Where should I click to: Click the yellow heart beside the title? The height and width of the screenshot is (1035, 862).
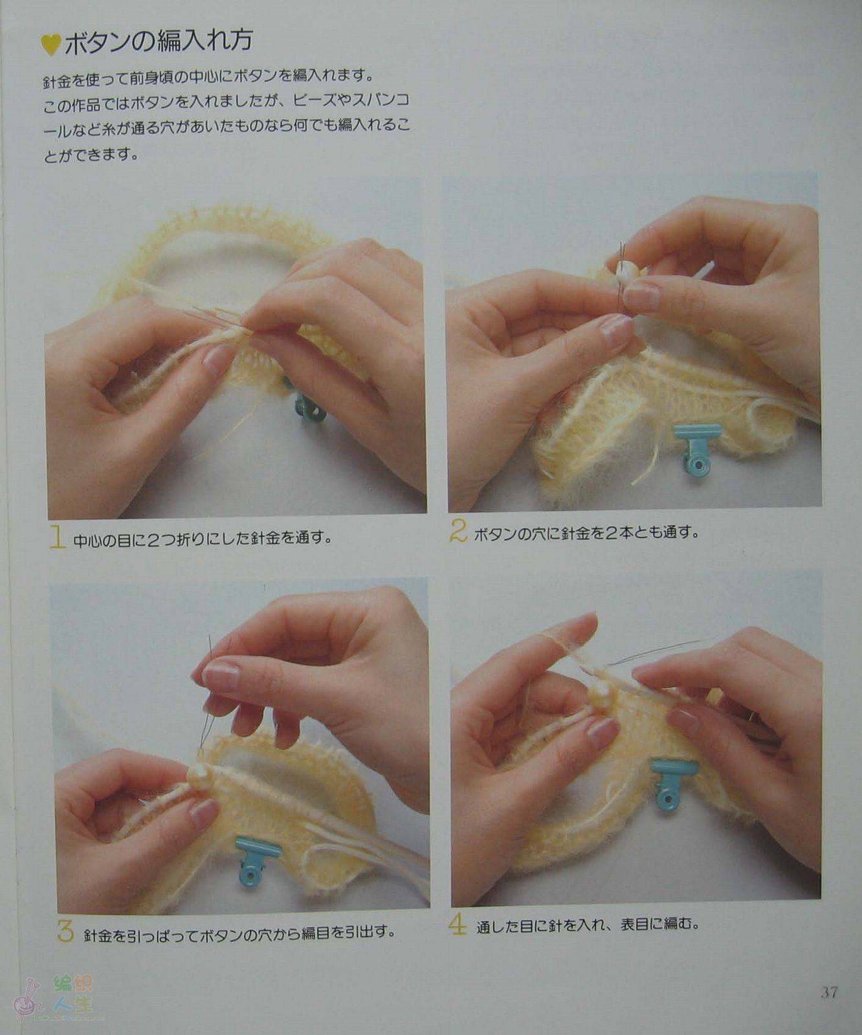click(50, 45)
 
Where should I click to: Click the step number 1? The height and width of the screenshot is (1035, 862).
click(58, 537)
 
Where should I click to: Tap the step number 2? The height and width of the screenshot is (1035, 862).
click(458, 531)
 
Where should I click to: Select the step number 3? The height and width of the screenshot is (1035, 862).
click(65, 931)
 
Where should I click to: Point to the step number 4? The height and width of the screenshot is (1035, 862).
click(458, 924)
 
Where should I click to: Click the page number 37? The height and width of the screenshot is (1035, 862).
click(829, 992)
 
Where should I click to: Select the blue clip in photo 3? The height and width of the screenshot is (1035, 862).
click(257, 860)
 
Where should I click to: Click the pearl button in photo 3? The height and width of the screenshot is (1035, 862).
click(199, 776)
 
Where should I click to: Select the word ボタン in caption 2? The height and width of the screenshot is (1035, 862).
click(495, 534)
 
